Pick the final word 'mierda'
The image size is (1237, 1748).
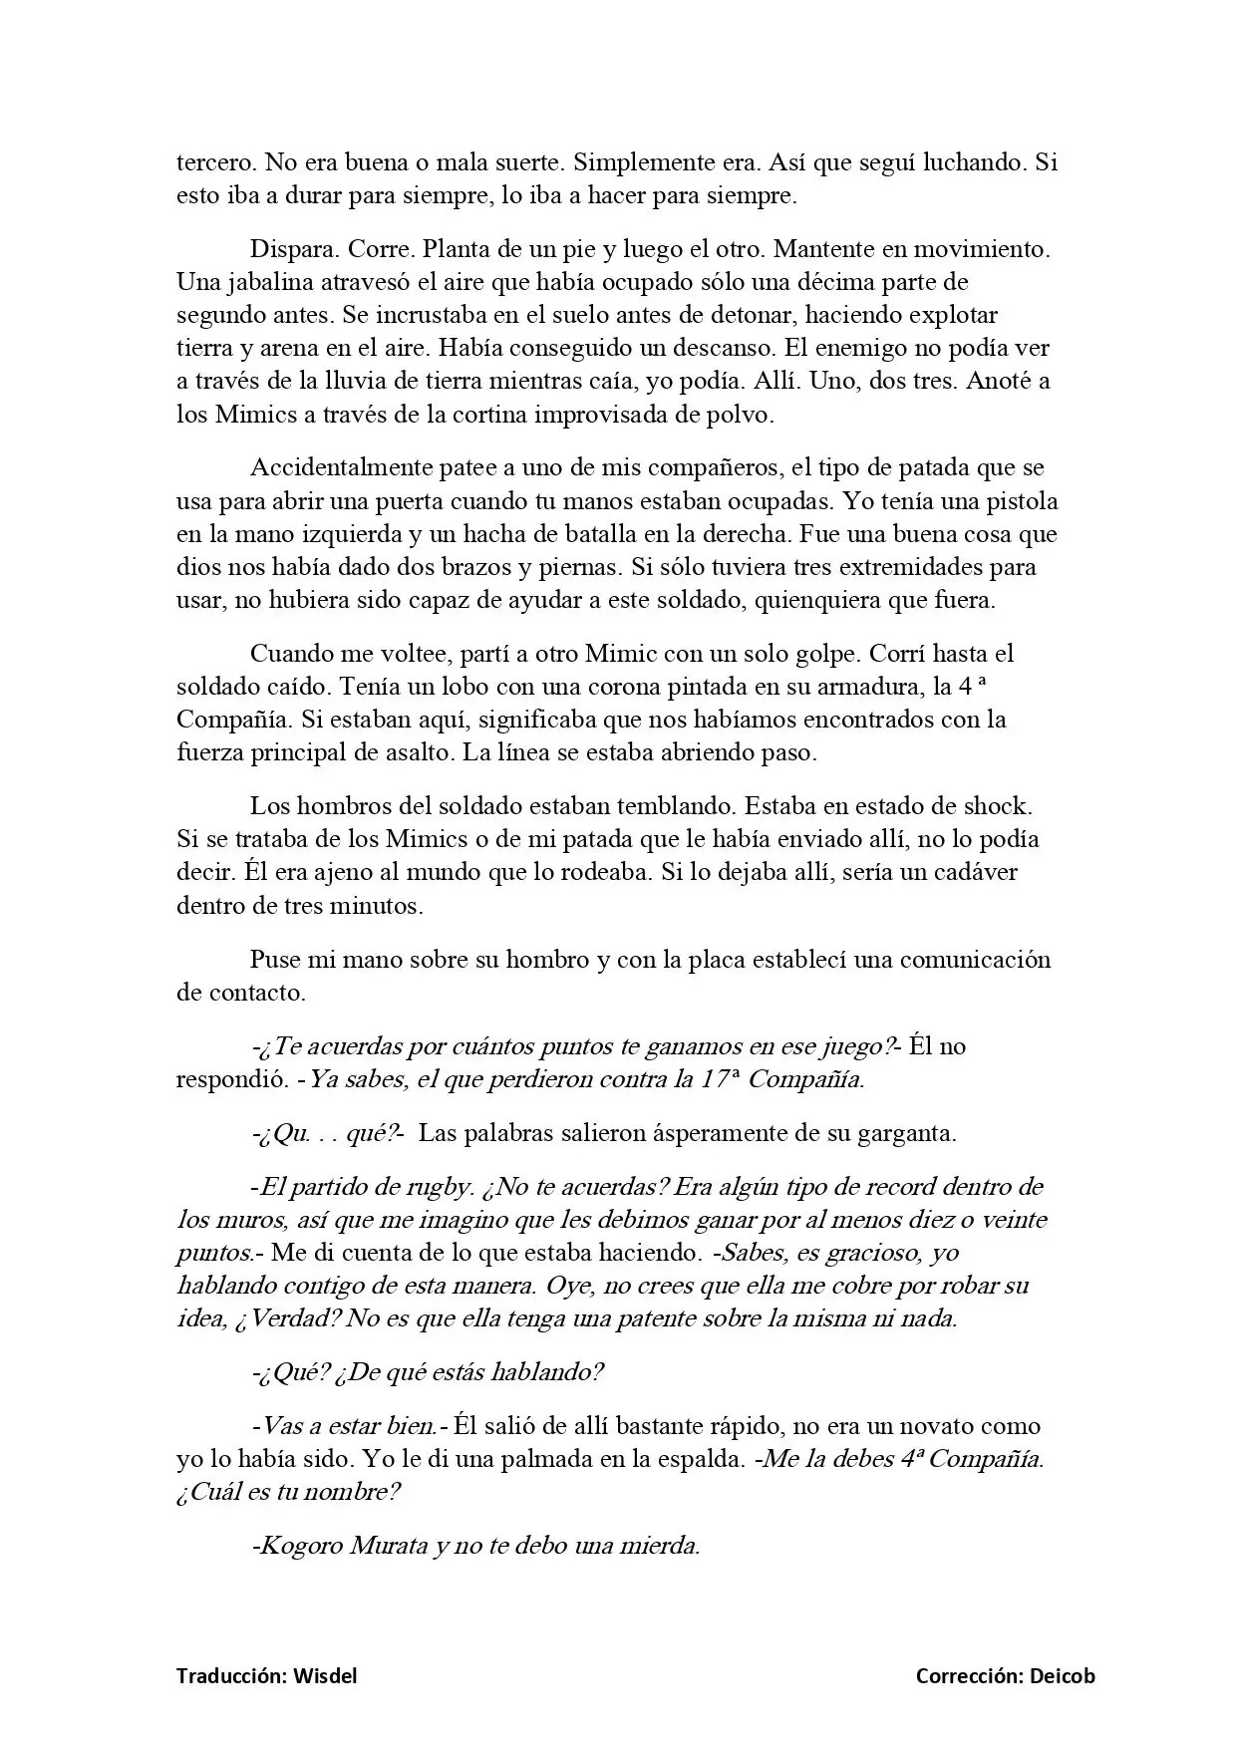click(661, 1547)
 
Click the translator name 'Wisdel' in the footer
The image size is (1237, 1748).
click(325, 1676)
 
